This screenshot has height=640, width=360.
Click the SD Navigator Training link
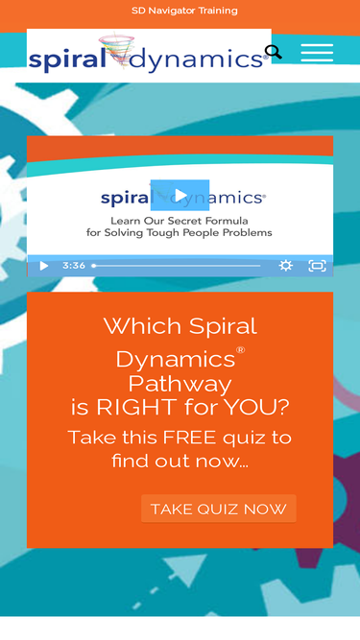point(183,11)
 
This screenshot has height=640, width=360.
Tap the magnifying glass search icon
point(274,52)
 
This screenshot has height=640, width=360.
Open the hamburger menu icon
point(317,53)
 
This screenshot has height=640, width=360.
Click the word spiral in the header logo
point(66,59)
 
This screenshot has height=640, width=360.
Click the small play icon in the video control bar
point(43,266)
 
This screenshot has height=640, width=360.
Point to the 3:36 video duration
point(74,266)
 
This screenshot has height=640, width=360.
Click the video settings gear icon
point(285,266)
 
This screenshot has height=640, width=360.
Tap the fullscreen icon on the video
point(317,266)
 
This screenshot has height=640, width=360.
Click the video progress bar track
point(178,266)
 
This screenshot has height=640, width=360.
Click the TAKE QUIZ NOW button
point(218,509)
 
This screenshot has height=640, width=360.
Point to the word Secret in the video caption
point(183,218)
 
